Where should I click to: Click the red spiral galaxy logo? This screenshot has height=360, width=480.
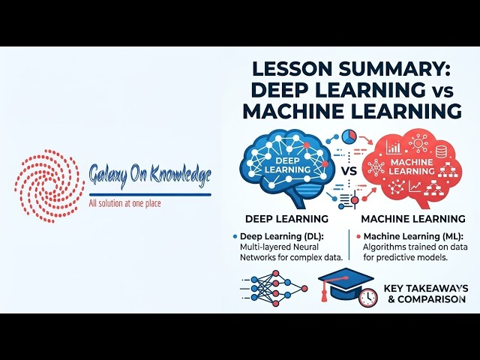pyautogui.click(x=49, y=184)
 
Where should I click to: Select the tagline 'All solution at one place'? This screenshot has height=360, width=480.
pyautogui.click(x=124, y=203)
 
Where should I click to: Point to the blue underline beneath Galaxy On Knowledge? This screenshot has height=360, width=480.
pyautogui.click(x=149, y=193)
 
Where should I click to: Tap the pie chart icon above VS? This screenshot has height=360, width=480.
pyautogui.click(x=348, y=138)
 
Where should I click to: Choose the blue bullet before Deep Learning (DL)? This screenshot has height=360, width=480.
pyautogui.click(x=235, y=236)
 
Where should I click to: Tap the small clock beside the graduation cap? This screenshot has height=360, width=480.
pyautogui.click(x=367, y=297)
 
